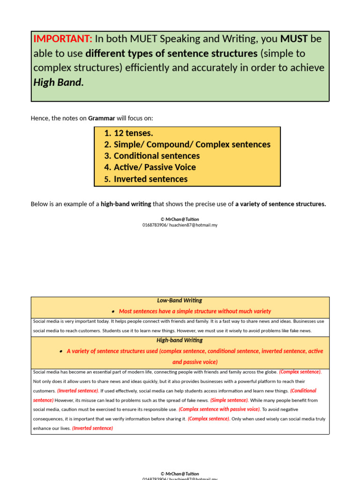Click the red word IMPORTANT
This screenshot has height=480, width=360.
[x=62, y=39]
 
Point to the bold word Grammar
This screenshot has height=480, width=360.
[x=102, y=118]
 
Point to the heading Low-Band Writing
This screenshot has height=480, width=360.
[x=180, y=300]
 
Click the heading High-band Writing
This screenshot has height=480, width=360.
[x=180, y=340]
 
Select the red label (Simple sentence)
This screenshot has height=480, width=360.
[x=229, y=400]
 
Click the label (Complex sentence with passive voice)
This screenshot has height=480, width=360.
[x=219, y=409]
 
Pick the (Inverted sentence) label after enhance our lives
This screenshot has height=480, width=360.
[x=92, y=428]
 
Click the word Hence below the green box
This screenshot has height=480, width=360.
[x=39, y=118]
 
